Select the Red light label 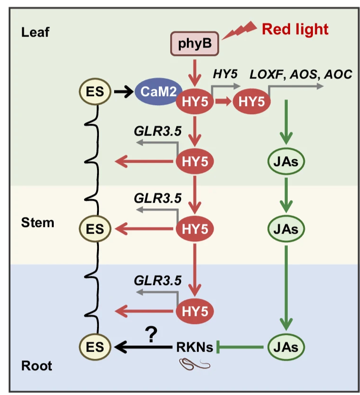click(x=295, y=30)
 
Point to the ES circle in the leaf click(x=95, y=90)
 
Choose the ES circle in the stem click(x=95, y=228)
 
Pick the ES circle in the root click(x=95, y=346)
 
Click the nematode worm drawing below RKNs click(x=194, y=365)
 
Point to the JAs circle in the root click(x=285, y=346)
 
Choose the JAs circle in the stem click(x=285, y=228)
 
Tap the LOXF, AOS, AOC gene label click(x=301, y=75)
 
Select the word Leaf click(x=36, y=33)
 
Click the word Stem click(x=38, y=222)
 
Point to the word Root click(x=37, y=366)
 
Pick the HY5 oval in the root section click(x=195, y=312)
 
